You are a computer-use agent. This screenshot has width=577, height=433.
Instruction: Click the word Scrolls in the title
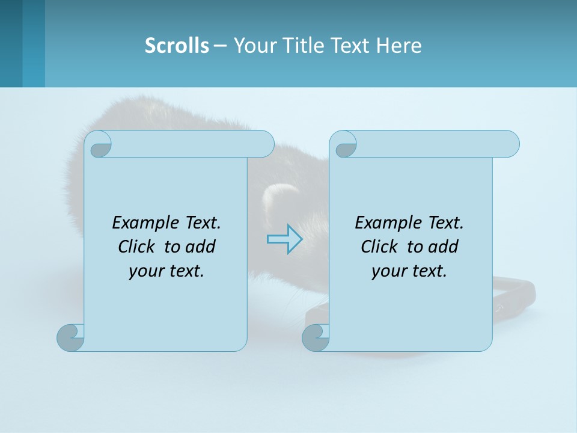(x=177, y=46)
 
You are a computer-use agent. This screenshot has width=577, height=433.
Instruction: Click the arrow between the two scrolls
(x=284, y=239)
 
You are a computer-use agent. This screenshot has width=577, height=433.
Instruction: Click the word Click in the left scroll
(x=139, y=247)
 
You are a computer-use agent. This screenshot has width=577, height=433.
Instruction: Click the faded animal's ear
(x=280, y=196)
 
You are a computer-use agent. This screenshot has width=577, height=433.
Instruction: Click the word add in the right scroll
(x=444, y=247)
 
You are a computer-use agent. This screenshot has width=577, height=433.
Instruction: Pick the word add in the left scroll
(x=201, y=247)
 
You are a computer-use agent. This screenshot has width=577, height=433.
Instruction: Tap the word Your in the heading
(x=255, y=46)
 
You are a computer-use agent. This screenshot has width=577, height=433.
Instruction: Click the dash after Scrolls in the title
(x=221, y=46)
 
